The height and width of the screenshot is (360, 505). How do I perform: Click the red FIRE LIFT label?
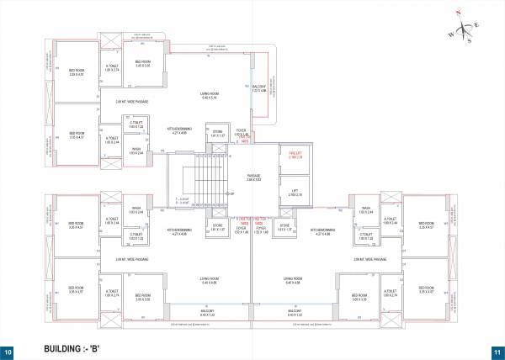[x=295, y=156]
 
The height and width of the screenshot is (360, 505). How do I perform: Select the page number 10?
[x=8, y=351]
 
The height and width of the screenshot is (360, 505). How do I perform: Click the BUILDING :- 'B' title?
[x=76, y=348]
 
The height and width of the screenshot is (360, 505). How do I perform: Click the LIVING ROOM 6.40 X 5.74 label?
[x=210, y=97]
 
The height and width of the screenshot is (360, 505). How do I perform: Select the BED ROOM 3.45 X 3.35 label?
[x=142, y=64]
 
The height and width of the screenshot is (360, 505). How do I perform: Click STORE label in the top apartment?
[x=217, y=133]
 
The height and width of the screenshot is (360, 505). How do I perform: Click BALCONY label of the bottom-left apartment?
[x=210, y=313]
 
